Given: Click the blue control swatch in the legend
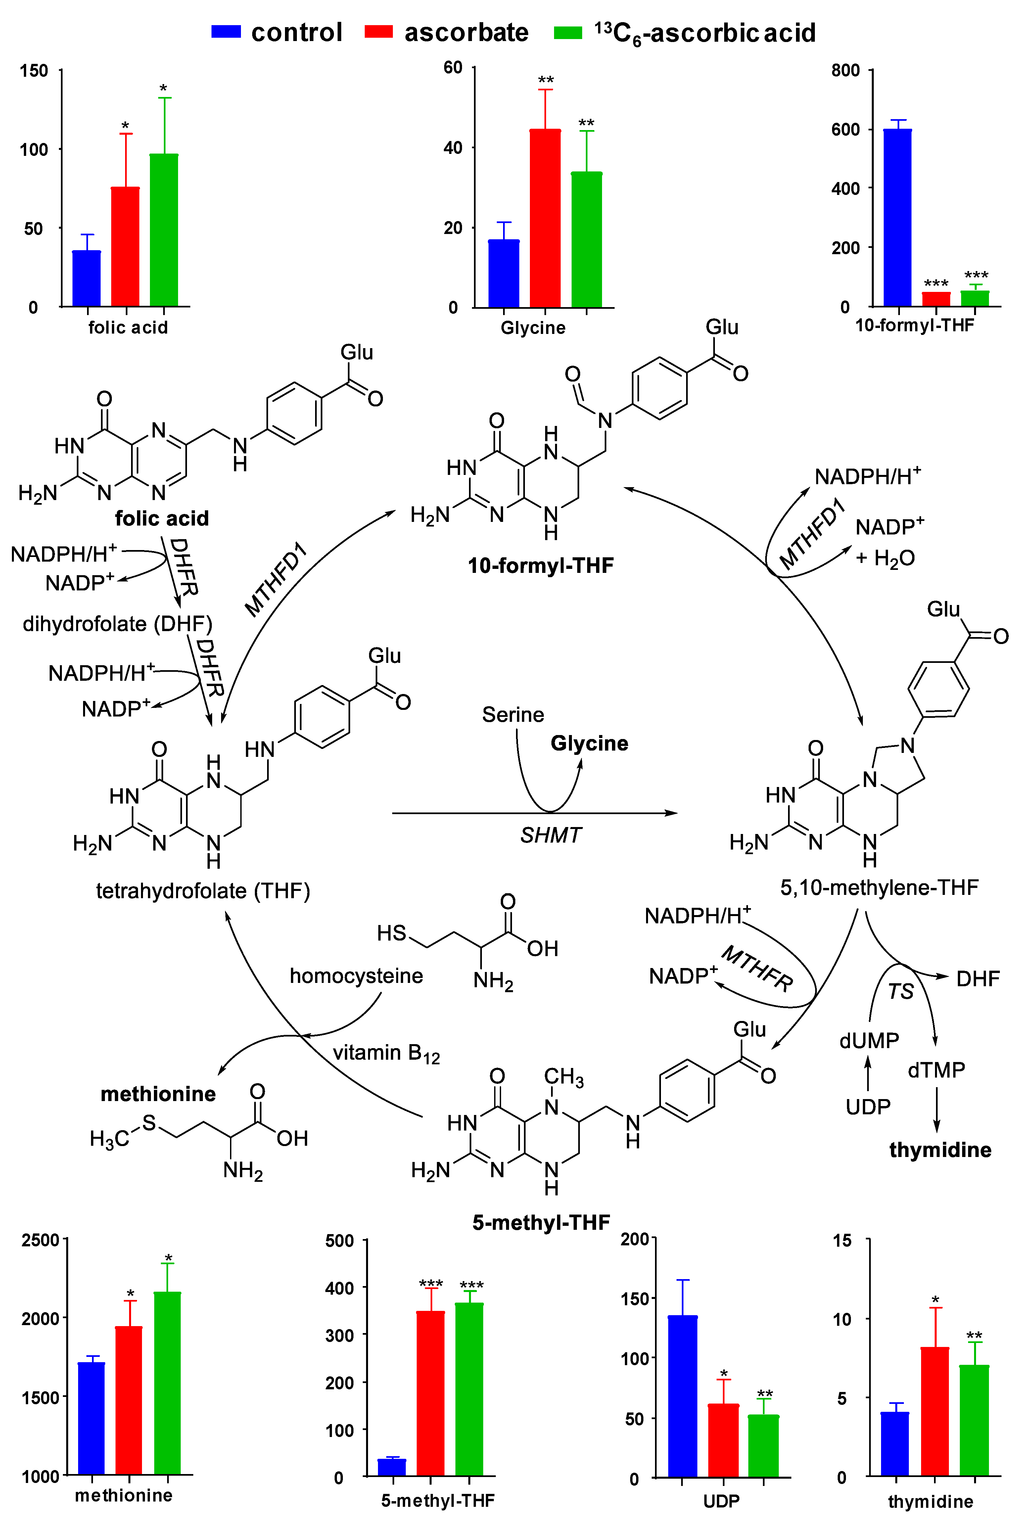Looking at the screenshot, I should [x=226, y=31].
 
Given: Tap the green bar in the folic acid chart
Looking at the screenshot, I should [x=164, y=229].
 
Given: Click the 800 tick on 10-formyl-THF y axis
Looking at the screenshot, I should [x=846, y=70].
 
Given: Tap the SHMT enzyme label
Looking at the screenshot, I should [x=551, y=835].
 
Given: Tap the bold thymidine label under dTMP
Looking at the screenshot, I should [x=940, y=1150].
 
